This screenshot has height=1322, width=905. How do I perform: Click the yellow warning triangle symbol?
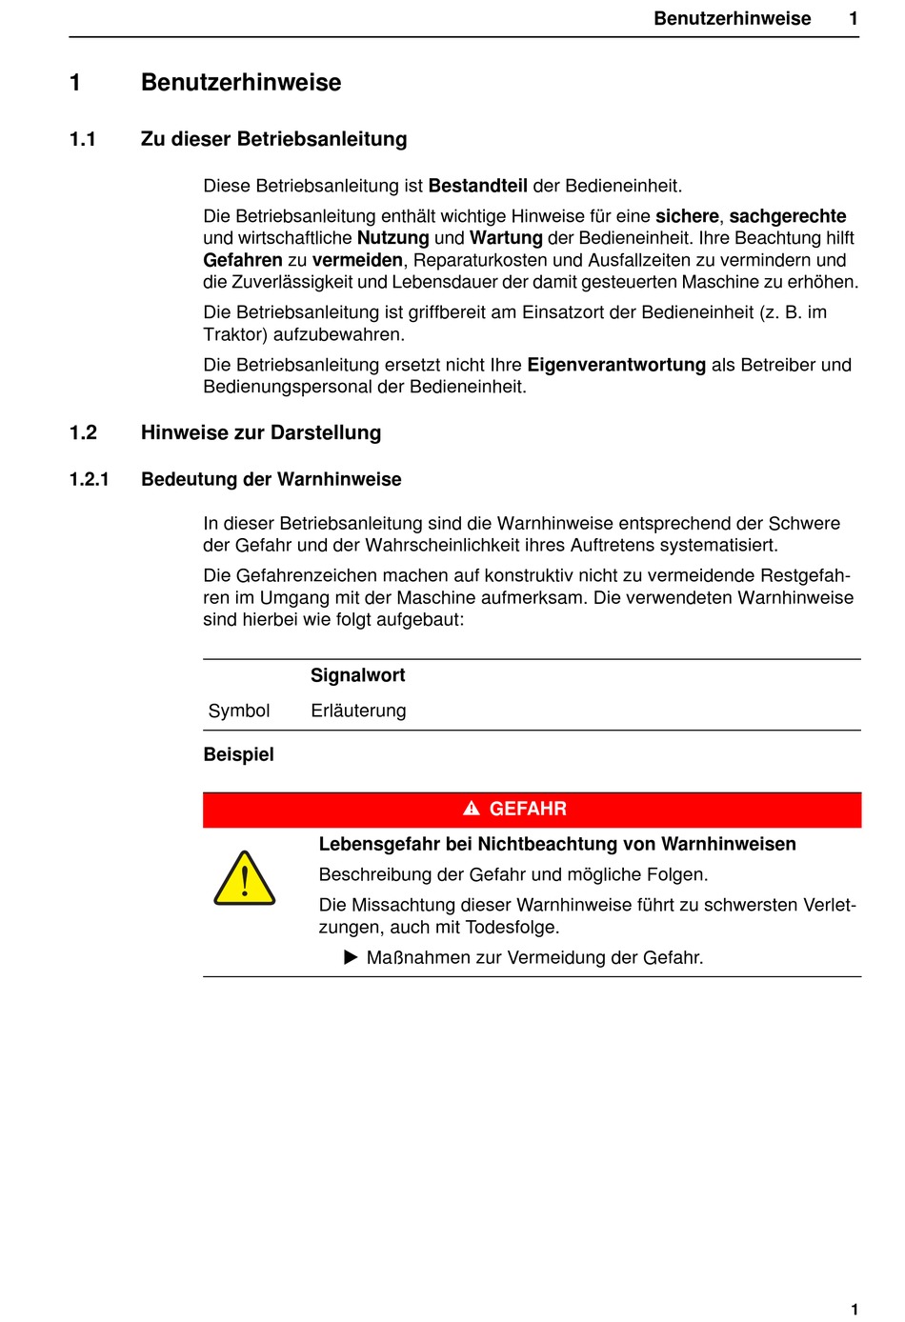pyautogui.click(x=245, y=879)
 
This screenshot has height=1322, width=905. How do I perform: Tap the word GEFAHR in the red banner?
pyautogui.click(x=528, y=809)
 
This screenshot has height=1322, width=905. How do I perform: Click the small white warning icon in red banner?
pyautogui.click(x=472, y=809)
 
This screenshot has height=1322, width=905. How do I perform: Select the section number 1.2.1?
pyautogui.click(x=90, y=479)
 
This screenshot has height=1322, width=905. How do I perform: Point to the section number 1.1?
pyautogui.click(x=83, y=139)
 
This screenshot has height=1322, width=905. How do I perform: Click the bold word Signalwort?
pyautogui.click(x=357, y=675)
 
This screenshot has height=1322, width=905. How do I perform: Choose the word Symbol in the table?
pyautogui.click(x=239, y=711)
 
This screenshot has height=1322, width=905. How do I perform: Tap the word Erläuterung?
pyautogui.click(x=358, y=711)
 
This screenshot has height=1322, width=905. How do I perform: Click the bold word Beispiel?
pyautogui.click(x=238, y=754)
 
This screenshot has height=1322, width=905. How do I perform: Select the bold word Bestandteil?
pyautogui.click(x=477, y=186)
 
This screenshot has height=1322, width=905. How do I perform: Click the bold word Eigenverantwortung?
pyautogui.click(x=616, y=365)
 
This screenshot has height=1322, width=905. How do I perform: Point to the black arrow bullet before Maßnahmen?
pyautogui.click(x=351, y=957)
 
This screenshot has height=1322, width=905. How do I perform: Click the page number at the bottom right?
pyautogui.click(x=855, y=1309)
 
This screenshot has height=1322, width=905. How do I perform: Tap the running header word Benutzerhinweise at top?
pyautogui.click(x=732, y=18)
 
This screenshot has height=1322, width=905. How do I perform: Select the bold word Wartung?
pyautogui.click(x=506, y=238)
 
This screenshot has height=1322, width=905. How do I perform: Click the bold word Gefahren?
pyautogui.click(x=243, y=260)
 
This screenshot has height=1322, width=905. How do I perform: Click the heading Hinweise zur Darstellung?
pyautogui.click(x=261, y=432)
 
